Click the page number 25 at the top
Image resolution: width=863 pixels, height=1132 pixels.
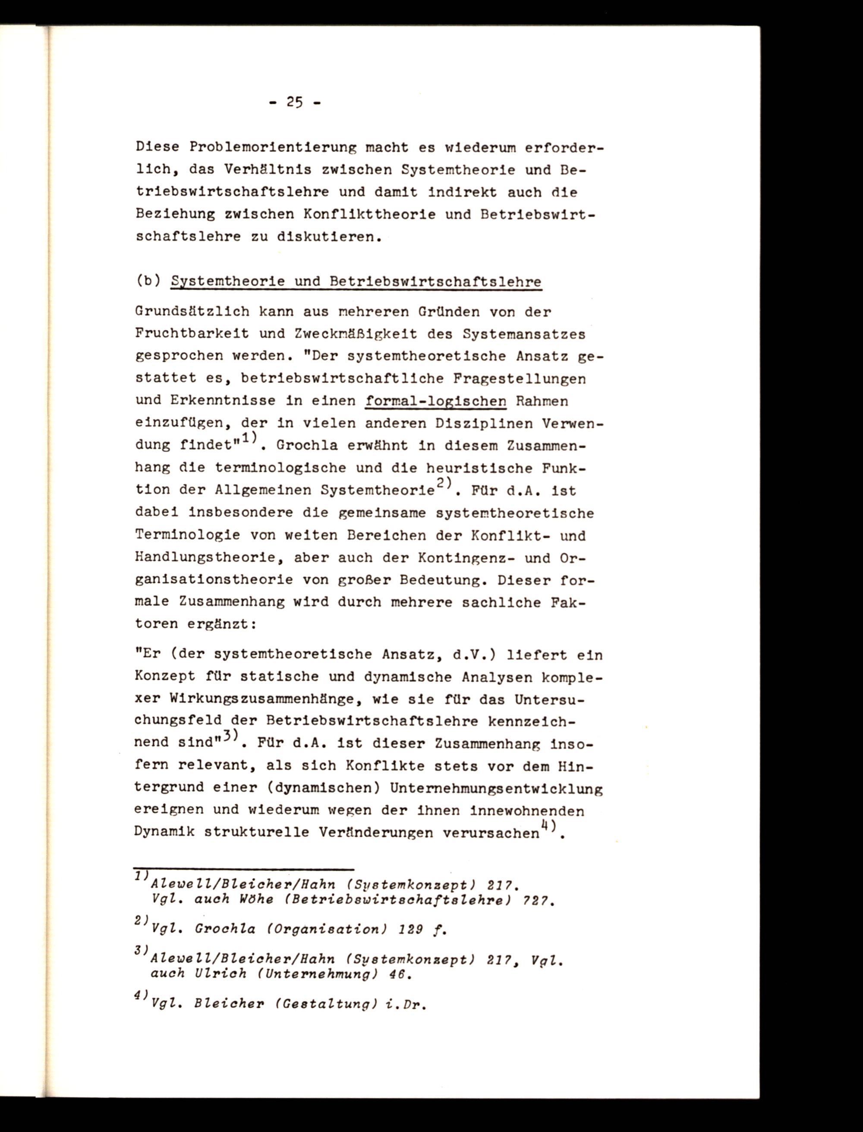pyautogui.click(x=294, y=102)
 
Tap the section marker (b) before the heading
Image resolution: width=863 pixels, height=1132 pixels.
pyautogui.click(x=148, y=281)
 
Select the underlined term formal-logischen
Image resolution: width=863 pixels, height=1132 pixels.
pyautogui.click(x=435, y=400)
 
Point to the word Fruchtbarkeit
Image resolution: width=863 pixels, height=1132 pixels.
pyautogui.click(x=192, y=334)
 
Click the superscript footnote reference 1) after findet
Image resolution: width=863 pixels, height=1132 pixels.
pyautogui.click(x=249, y=438)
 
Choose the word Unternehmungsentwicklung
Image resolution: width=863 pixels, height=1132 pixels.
pyautogui.click(x=496, y=788)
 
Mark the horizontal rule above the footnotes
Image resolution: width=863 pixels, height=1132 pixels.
pyautogui.click(x=244, y=870)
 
